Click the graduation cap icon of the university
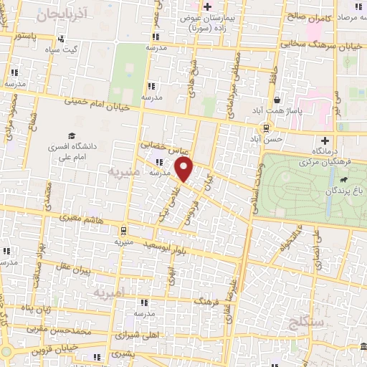(x=72, y=135)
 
